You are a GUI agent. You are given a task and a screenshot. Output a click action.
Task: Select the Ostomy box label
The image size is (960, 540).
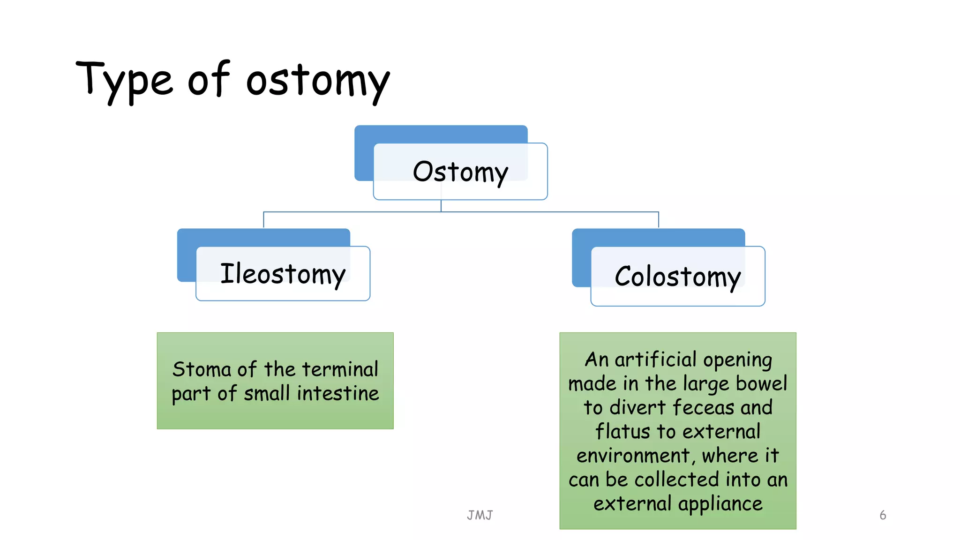[460, 172]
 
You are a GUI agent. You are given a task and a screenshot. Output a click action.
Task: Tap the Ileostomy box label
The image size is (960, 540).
[283, 274]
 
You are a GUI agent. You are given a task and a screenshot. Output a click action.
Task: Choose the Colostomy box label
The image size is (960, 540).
[677, 277]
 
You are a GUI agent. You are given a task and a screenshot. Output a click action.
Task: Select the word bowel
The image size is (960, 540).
[761, 383]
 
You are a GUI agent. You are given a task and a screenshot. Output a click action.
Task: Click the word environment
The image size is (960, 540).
[633, 456]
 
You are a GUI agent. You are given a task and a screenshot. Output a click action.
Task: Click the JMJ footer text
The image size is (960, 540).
[480, 515]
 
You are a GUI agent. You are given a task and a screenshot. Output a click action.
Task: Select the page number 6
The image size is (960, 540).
[883, 515]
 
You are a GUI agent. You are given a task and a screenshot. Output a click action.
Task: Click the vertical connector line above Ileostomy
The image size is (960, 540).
[263, 220]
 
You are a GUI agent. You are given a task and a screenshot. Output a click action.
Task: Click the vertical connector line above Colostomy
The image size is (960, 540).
[659, 220]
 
